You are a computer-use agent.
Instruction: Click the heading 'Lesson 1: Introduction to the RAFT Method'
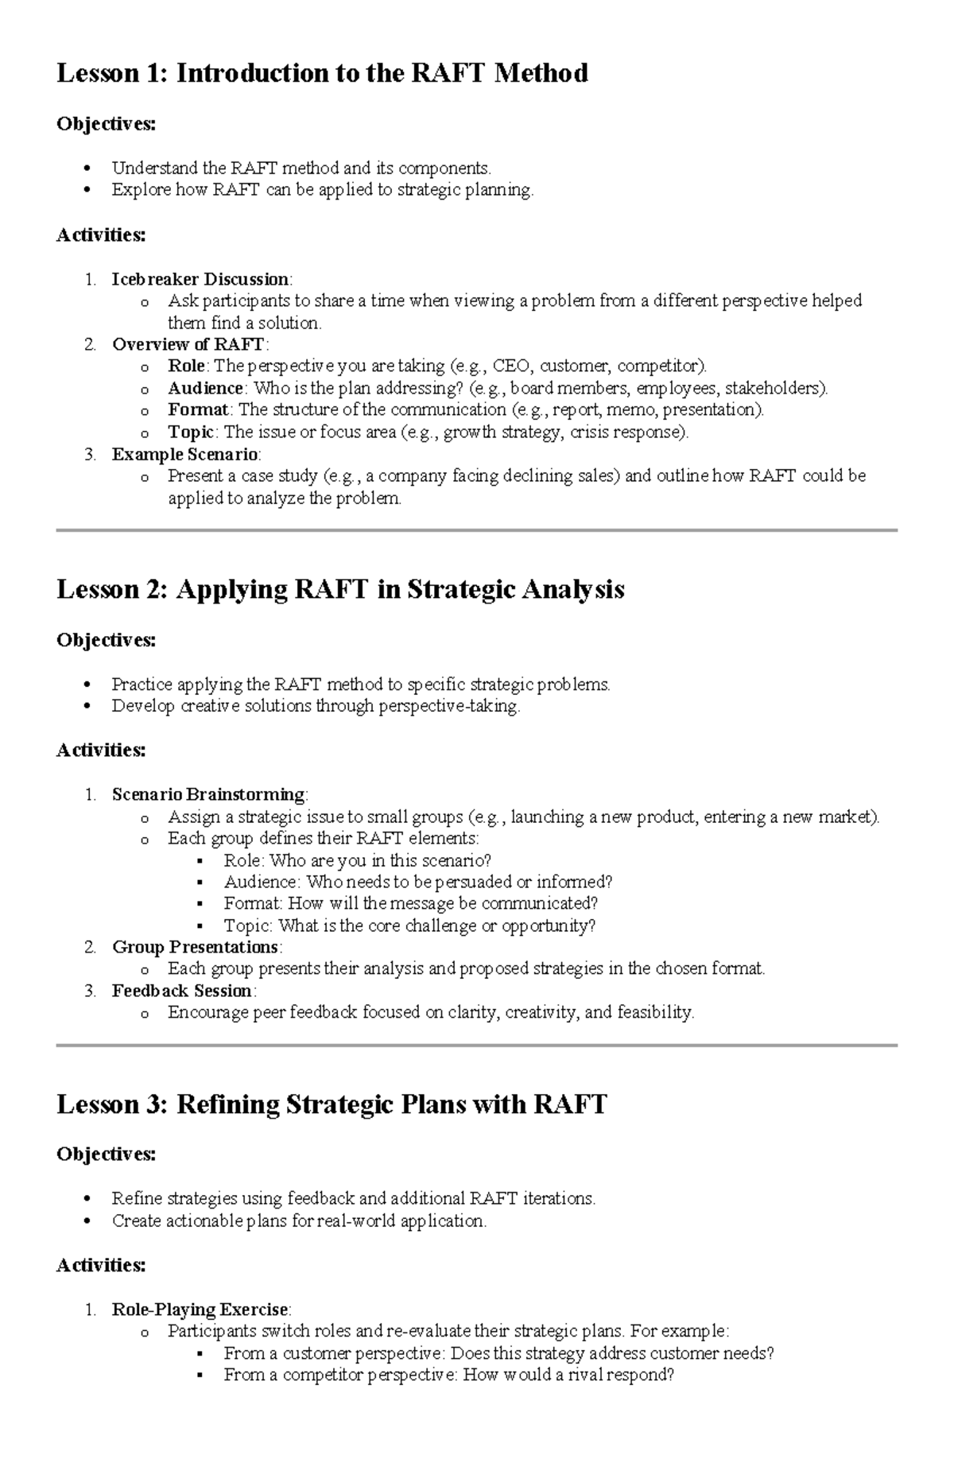click(322, 73)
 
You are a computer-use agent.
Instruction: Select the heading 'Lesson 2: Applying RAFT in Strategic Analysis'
click(340, 589)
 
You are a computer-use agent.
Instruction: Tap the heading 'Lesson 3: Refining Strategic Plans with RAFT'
click(332, 1104)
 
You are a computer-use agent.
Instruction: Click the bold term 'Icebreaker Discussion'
click(200, 279)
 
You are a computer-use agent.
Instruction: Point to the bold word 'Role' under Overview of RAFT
click(186, 366)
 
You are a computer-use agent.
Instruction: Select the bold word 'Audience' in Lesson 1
click(205, 388)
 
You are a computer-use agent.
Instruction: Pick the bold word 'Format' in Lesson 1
click(198, 410)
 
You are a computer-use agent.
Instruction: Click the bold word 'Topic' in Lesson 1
click(191, 433)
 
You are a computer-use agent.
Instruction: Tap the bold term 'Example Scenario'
click(185, 454)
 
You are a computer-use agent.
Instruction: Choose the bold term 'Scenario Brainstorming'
click(208, 794)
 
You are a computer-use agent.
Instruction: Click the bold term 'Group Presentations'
click(195, 947)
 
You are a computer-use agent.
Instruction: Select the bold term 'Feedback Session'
click(182, 991)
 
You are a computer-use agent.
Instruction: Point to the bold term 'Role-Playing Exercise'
click(200, 1309)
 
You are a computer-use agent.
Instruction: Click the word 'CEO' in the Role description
click(510, 366)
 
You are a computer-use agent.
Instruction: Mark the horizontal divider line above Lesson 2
click(477, 530)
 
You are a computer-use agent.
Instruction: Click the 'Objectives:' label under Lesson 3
click(106, 1154)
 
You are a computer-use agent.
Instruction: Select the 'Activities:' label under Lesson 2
click(101, 750)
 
